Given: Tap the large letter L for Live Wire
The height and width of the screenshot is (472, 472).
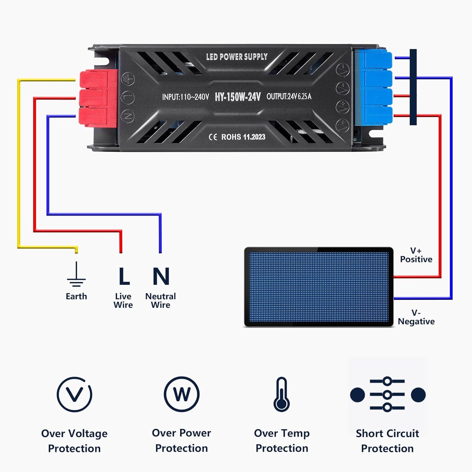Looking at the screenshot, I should coord(124,276).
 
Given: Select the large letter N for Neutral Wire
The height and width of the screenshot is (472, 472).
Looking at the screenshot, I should coord(161,276).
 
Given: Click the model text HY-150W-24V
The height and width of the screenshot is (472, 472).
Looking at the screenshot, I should coord(238,97).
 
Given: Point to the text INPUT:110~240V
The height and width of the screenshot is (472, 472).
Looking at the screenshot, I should coord(185,97).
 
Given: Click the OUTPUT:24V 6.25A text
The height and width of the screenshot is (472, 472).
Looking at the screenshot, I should coord(289,96).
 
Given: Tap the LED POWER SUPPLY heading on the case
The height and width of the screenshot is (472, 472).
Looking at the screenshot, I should coord(237,57).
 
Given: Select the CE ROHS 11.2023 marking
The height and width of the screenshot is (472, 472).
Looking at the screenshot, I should coord(237,137).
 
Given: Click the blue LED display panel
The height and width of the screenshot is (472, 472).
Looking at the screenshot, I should coord(318,287).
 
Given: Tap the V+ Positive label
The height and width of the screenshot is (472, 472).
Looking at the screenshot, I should coord(416,255).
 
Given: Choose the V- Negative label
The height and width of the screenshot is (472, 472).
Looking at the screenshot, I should coord(416,317).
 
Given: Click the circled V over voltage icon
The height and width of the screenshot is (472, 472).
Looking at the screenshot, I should coord(74,394).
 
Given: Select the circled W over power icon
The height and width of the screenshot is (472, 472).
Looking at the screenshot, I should coord(182,394).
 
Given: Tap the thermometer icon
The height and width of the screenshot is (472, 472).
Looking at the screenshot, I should coord(282,394).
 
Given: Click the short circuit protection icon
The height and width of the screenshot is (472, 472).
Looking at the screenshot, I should coord(387,395).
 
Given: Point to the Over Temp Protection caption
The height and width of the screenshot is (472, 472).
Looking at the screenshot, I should coord(282,441).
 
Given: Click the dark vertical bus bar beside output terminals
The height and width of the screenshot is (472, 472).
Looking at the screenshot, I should coord(413,87).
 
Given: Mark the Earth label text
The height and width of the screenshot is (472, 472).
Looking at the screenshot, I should coord(76,296).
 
